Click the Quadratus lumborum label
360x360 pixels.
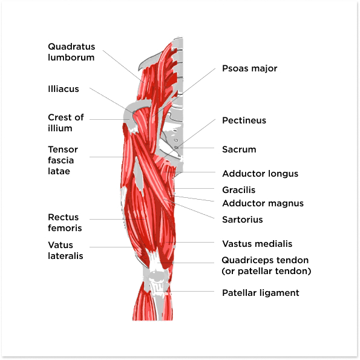click(x=71, y=52)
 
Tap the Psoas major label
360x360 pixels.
click(x=249, y=68)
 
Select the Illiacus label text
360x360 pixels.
click(x=64, y=89)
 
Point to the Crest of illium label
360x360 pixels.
click(x=66, y=123)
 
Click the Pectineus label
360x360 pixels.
click(x=244, y=120)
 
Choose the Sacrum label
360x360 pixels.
click(x=239, y=149)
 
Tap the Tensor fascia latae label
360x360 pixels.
click(x=63, y=160)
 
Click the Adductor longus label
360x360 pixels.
click(x=260, y=174)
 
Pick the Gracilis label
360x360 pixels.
click(x=239, y=190)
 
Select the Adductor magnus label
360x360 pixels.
click(x=263, y=203)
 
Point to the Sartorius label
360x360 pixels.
click(x=243, y=220)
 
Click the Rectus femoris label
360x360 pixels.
click(x=65, y=223)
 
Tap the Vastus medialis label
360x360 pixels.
click(x=257, y=244)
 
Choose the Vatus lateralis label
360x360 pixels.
click(x=65, y=250)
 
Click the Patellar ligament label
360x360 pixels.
click(x=261, y=293)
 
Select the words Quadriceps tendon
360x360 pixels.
click(x=265, y=260)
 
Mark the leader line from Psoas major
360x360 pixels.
click(x=183, y=93)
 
